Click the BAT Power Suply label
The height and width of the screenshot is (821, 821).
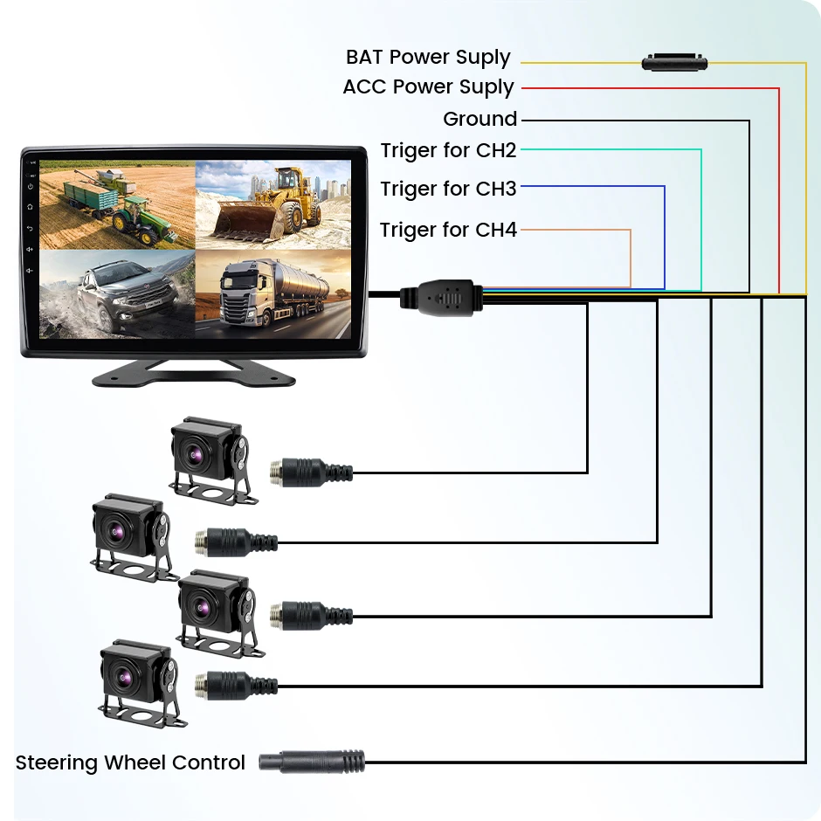[x=428, y=58]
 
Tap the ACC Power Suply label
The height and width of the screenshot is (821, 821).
[x=428, y=87]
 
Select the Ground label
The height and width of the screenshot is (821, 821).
[x=480, y=119]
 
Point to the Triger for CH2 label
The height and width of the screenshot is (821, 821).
[x=448, y=150]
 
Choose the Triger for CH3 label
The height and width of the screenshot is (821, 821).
[x=448, y=189]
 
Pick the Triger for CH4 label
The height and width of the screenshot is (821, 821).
[x=448, y=230]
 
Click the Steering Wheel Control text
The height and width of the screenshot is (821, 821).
[x=130, y=762]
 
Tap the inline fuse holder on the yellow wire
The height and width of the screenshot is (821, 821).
[x=674, y=62]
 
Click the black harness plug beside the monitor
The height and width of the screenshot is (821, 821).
[x=441, y=297]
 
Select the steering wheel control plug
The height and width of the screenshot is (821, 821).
[x=312, y=762]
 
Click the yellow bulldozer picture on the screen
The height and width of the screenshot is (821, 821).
[x=273, y=204]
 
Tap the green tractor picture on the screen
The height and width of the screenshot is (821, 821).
[x=117, y=204]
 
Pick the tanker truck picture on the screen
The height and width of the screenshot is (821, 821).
[x=273, y=293]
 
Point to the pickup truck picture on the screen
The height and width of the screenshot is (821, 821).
[x=117, y=293]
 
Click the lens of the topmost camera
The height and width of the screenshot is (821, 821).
[x=194, y=456]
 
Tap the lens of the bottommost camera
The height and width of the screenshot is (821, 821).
[x=122, y=678]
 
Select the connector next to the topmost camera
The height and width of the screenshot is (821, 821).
[x=311, y=473]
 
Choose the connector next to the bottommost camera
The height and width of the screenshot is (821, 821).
[x=236, y=686]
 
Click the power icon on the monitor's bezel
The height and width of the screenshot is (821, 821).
[x=31, y=187]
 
